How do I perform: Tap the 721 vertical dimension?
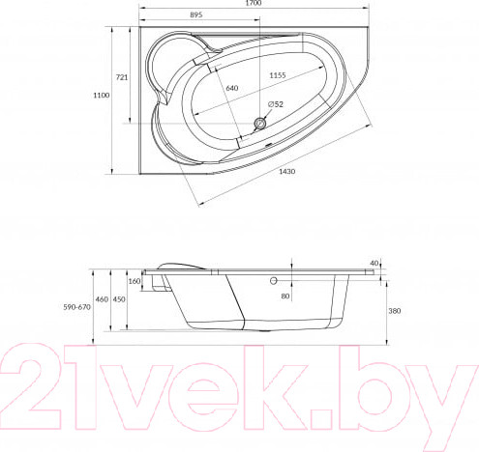122,76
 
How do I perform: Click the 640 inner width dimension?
230,88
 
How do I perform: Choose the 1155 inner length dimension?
280,75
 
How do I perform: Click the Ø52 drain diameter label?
275,104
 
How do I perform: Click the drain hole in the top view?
259,123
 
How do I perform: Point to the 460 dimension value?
102,299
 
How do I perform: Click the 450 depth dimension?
120,299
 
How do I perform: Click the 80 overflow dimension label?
285,297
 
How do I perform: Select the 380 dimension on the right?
394,312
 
